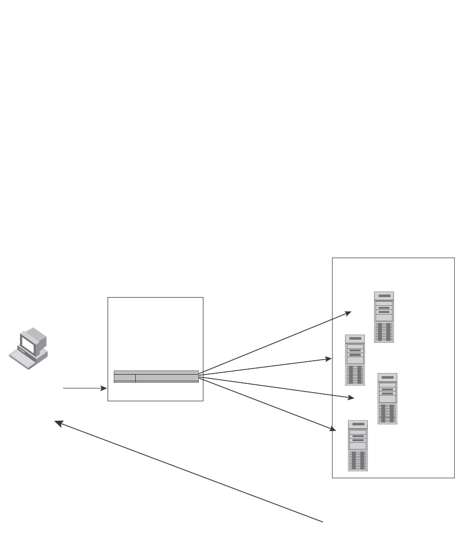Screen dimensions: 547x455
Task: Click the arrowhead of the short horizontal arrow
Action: [105, 389]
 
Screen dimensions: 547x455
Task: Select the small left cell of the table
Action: [125, 378]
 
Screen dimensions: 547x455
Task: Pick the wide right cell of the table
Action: [167, 378]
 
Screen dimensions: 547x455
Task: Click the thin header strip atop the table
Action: [156, 372]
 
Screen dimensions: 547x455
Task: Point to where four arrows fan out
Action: [199, 377]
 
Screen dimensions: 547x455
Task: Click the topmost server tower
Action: [384, 317]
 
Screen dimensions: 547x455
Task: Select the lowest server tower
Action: [358, 445]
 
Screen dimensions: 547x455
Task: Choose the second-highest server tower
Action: [355, 360]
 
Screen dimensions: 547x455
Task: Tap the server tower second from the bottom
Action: [387, 398]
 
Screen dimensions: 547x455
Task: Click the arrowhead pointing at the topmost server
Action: [348, 312]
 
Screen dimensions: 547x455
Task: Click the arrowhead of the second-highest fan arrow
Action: [329, 359]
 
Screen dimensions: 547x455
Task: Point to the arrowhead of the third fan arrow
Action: [351, 397]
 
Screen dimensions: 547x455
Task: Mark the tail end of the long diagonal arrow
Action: [323, 522]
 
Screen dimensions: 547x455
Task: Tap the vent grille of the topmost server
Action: [384, 332]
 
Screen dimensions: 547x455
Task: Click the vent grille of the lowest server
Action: [358, 461]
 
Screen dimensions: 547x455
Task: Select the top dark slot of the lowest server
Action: [358, 425]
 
